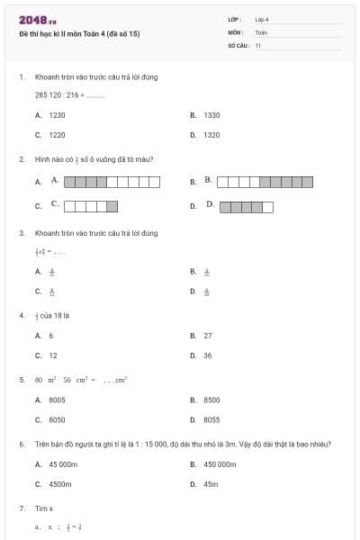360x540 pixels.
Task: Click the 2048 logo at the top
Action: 38,20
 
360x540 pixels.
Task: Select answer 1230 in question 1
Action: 57,115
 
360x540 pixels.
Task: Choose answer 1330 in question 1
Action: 211,115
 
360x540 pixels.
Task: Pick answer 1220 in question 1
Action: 57,134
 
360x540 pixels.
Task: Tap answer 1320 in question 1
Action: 211,134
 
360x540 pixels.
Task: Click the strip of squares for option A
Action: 112,182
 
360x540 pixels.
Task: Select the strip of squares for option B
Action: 265,182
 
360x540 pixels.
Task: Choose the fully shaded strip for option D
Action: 246,206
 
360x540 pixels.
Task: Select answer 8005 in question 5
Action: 57,400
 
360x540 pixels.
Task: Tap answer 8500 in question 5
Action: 211,400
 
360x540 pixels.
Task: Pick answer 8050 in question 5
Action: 57,419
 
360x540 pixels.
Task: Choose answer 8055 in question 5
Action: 211,419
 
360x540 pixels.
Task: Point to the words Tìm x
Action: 44,508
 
